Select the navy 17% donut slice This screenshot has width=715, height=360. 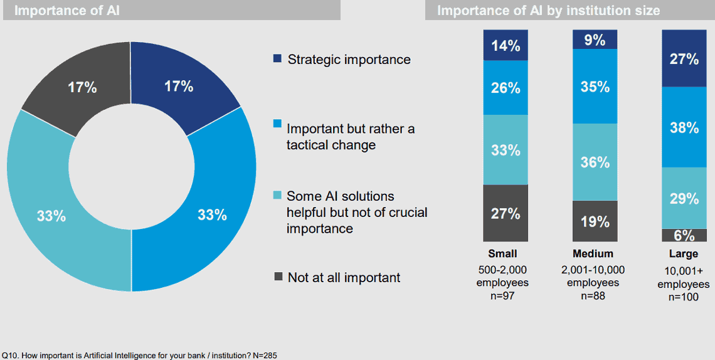tap(179, 86)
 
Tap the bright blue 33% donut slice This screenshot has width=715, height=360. tap(211, 214)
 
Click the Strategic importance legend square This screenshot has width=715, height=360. tap(277, 58)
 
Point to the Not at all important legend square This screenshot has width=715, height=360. tap(278, 276)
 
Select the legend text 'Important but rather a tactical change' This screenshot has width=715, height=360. tap(351, 137)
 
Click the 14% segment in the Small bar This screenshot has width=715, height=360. tap(506, 45)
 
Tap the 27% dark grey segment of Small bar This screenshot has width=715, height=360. tap(506, 213)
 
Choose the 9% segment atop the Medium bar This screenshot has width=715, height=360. tap(595, 39)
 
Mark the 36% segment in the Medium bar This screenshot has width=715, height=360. tap(595, 162)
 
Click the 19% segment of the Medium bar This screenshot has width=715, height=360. tap(595, 221)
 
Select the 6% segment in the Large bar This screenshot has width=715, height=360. tap(684, 235)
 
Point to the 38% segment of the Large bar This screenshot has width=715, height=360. tap(684, 127)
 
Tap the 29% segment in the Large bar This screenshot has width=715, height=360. tap(684, 198)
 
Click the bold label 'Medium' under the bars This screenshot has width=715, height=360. tap(593, 253)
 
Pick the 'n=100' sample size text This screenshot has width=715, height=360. tap(684, 297)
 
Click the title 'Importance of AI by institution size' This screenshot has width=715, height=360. tap(549, 10)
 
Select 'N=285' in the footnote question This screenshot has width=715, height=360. tap(264, 355)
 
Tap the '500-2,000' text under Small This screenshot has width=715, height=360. tap(502, 269)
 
